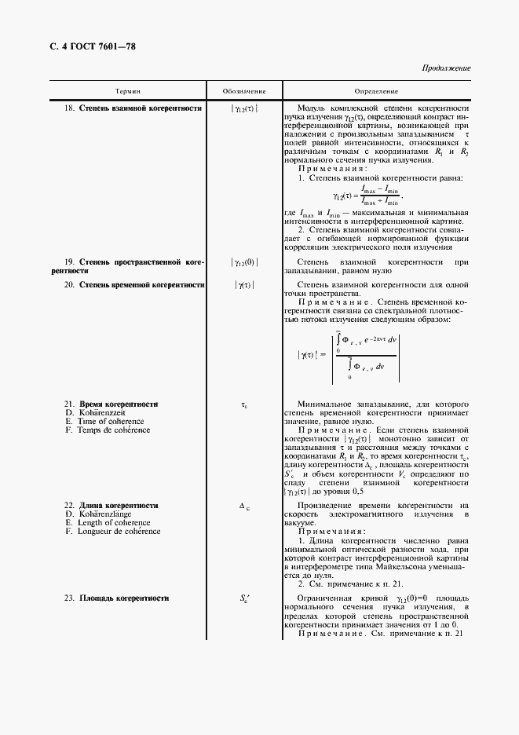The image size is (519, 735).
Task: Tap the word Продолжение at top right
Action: (446, 68)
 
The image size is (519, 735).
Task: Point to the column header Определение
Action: (377, 92)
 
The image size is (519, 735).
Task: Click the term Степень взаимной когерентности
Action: (141, 108)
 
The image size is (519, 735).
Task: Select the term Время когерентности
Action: (119, 404)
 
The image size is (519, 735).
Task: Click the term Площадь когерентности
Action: (124, 599)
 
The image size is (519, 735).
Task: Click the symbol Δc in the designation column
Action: (244, 506)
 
